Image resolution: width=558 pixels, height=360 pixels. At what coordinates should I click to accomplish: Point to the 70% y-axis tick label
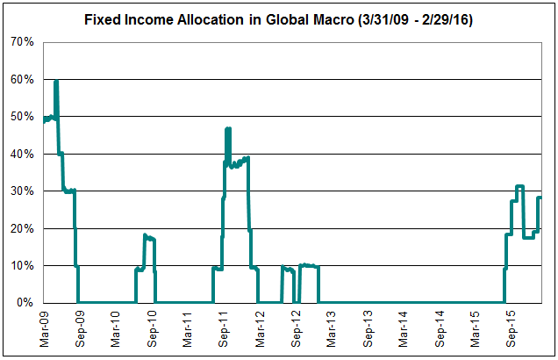coord(21,42)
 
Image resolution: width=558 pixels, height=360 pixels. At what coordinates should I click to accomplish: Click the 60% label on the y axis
coord(21,80)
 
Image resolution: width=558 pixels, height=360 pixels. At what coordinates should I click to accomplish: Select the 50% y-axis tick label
coord(21,117)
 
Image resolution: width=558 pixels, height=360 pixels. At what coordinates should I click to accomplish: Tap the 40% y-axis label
coord(21,155)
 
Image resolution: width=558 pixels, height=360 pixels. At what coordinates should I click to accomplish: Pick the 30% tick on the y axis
coord(21,191)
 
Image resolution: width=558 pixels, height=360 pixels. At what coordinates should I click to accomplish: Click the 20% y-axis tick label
coord(21,229)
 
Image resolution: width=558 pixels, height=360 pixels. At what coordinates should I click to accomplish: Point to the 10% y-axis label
coord(21,266)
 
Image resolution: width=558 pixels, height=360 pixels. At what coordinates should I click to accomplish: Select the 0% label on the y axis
coord(25,303)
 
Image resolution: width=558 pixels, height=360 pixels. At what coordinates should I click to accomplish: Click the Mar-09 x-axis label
coord(45,328)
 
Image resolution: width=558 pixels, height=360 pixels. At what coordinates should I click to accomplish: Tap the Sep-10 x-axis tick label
coord(153,328)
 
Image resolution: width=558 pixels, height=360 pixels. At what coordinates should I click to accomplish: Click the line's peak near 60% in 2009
coord(56,82)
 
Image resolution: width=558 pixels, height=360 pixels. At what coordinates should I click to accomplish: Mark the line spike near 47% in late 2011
coord(228,129)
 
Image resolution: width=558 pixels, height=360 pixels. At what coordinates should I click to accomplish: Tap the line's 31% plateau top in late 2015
coord(520,186)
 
